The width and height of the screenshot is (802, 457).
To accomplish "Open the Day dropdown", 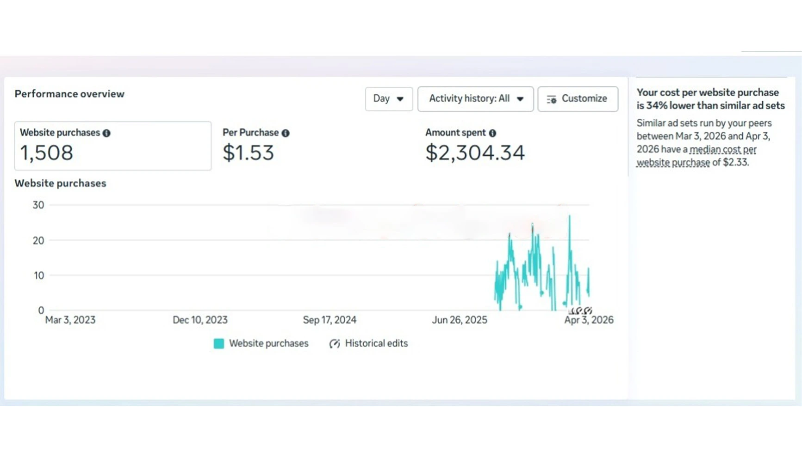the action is click(x=389, y=99).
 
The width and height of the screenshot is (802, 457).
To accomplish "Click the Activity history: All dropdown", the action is click(x=475, y=99).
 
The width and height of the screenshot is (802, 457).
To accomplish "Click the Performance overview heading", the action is click(x=69, y=94).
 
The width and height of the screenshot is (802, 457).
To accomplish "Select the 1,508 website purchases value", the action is click(x=46, y=153).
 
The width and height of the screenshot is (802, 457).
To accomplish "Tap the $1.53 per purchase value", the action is click(x=248, y=153).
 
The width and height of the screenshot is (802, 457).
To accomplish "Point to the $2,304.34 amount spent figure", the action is click(x=475, y=153).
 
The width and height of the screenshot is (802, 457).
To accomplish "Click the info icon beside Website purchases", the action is click(x=106, y=133).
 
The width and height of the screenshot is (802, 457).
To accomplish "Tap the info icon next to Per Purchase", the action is click(x=286, y=133).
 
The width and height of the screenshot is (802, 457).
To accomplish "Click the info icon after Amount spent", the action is click(x=492, y=133).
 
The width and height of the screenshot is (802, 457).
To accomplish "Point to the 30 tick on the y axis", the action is click(x=38, y=205).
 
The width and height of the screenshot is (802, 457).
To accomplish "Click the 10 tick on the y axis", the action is click(x=39, y=275).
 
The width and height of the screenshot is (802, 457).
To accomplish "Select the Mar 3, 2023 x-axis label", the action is click(x=70, y=320).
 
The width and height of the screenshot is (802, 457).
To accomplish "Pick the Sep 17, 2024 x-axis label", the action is click(x=330, y=320).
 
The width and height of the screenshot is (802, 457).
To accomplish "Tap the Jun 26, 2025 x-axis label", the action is click(x=460, y=320).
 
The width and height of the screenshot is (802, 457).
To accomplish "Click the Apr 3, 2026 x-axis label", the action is click(x=589, y=320).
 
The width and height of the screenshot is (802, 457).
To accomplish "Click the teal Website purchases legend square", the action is click(x=219, y=343).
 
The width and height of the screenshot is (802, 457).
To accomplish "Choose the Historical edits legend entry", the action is click(x=368, y=343).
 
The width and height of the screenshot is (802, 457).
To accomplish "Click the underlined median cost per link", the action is click(x=723, y=150).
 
